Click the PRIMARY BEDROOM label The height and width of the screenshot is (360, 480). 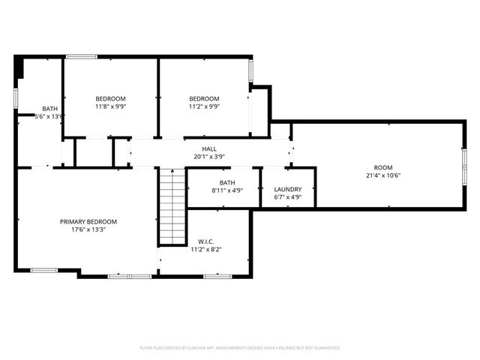point(88,221)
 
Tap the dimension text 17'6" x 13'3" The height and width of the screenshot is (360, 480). point(88,230)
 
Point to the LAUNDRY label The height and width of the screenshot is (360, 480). point(288,189)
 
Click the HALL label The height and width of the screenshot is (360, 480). point(209,148)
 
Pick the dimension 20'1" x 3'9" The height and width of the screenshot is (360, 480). point(209,157)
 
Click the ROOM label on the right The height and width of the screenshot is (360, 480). point(383,167)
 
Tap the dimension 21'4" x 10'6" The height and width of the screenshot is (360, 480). point(383,175)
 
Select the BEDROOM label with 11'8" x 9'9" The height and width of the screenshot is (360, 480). point(110,99)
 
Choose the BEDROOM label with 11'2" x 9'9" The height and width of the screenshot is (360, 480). point(204,99)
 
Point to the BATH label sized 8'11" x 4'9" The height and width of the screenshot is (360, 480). point(227,182)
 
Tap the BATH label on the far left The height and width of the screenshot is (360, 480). point(49,109)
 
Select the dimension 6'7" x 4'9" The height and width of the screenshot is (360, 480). point(288,198)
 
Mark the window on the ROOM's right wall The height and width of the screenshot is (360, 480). point(464,166)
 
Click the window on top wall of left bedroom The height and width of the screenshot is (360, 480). point(81,56)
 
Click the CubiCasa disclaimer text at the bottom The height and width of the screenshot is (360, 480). point(240,348)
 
